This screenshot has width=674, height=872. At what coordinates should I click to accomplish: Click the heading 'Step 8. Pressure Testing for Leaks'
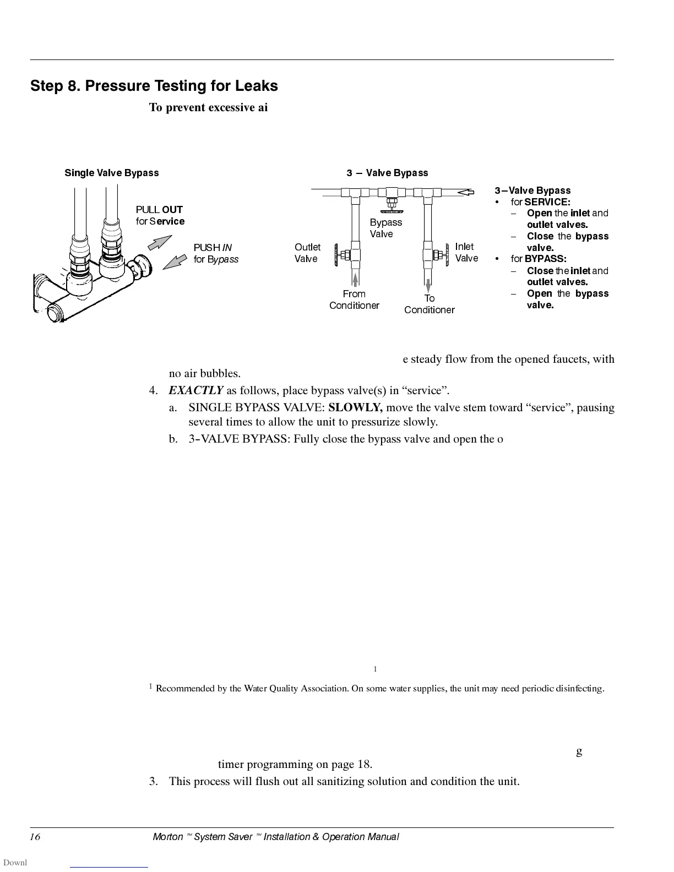click(x=154, y=86)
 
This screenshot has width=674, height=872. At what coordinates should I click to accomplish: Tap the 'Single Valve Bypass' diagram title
click(x=112, y=173)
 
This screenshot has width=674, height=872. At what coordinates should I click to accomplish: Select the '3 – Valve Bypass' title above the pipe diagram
click(x=387, y=173)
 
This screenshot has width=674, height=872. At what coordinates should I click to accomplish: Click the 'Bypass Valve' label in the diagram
click(x=385, y=228)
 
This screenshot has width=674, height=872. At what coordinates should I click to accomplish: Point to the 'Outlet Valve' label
click(x=307, y=253)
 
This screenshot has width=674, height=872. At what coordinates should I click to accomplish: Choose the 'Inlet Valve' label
click(x=466, y=252)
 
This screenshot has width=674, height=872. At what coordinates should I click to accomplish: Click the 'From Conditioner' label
click(x=354, y=299)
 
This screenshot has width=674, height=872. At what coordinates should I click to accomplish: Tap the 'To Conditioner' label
click(x=429, y=304)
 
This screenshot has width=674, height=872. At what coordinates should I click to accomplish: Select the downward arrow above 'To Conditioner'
click(x=428, y=285)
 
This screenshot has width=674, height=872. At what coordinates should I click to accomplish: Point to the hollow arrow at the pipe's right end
click(x=466, y=192)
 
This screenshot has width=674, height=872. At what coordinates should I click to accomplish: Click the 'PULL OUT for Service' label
click(x=160, y=215)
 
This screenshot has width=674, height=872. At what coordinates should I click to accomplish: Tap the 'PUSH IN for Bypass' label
click(x=216, y=253)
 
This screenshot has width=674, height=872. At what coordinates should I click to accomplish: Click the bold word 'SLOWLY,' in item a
click(x=356, y=408)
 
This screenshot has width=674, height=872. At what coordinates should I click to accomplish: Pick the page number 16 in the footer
click(x=35, y=837)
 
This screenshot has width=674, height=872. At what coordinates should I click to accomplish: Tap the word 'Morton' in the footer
click(x=167, y=837)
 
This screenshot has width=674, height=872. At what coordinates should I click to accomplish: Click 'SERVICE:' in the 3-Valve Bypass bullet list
click(x=547, y=202)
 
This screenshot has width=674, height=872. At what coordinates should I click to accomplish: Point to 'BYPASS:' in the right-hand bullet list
click(x=545, y=259)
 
